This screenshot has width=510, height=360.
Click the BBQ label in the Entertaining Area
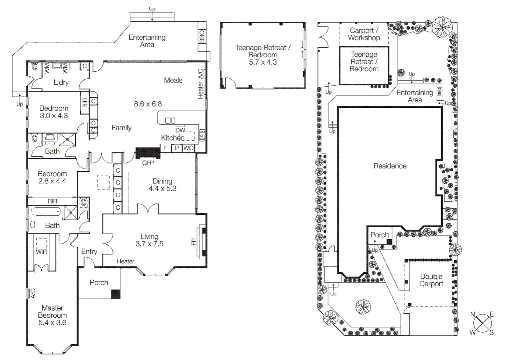coord(202,36)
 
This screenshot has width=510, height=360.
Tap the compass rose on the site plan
coord(482,323)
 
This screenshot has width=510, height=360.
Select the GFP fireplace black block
coord(148,153)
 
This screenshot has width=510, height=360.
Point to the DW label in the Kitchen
coord(180,130)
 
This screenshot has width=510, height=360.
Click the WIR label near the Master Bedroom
coord(41,252)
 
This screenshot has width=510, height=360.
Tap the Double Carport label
coord(431,280)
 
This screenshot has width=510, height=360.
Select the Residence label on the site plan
coord(390,166)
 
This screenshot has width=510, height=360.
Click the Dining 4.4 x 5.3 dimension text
coord(162,189)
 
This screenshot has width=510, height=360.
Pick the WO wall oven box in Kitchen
coord(188,148)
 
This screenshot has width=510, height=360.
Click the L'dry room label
coord(61,82)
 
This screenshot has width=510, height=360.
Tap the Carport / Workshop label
coord(364,34)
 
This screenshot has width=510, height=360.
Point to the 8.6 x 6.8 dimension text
coord(148,104)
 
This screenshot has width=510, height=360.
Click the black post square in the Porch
coord(115,294)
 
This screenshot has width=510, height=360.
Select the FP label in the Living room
coord(193,242)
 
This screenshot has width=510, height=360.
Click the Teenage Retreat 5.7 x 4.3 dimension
coord(263,62)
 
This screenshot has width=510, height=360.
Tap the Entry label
coord(89,252)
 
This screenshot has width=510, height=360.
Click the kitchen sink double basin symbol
coord(170,120)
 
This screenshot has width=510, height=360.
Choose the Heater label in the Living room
coord(125,261)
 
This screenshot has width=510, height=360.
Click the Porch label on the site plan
coord(379,235)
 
